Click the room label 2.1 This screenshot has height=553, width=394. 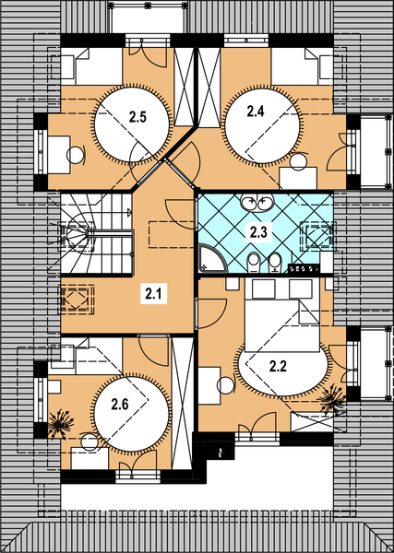click(153, 293)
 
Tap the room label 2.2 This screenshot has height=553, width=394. click(279, 367)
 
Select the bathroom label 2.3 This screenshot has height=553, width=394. click(258, 233)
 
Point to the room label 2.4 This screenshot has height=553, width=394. click(256, 112)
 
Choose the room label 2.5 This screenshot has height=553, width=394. click(137, 117)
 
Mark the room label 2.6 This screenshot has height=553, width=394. click(120, 405)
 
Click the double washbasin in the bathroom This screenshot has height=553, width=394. click(257, 202)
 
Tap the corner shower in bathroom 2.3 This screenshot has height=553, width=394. click(213, 259)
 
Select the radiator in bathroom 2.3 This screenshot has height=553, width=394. click(304, 269)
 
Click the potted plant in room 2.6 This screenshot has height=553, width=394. click(60, 424)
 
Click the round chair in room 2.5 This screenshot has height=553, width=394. click(76, 155)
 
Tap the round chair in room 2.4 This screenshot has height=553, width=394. click(299, 162)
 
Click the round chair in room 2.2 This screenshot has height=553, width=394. click(226, 384)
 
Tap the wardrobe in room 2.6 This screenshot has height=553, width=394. click(183, 403)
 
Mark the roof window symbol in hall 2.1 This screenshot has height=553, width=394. click(77, 299)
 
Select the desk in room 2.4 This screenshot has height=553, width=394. click(298, 178)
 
